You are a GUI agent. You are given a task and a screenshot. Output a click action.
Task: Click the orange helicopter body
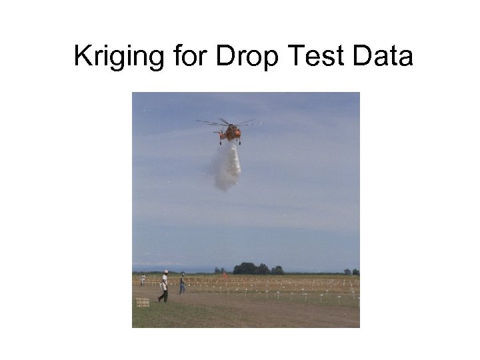(232, 133)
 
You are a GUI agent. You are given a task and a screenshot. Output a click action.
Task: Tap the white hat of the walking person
(165, 272)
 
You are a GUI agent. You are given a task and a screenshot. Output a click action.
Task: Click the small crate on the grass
(142, 302)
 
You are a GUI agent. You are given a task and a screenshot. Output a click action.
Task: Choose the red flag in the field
(225, 273)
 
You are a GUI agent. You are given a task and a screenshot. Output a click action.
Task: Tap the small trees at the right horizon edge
(351, 271)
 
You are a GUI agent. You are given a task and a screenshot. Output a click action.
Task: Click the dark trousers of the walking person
(163, 295)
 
